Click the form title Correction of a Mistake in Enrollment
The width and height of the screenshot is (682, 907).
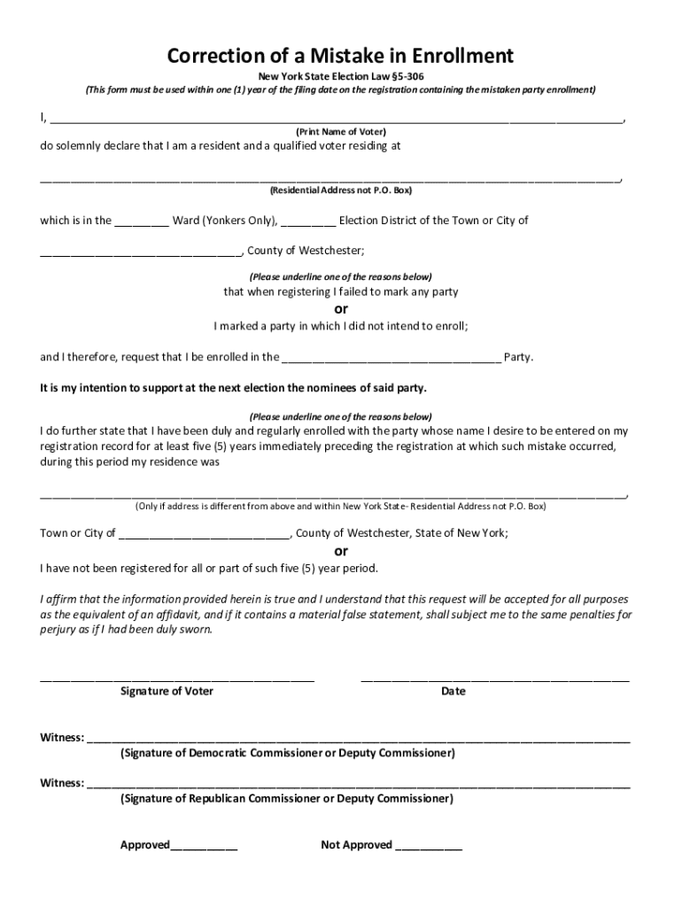(x=340, y=57)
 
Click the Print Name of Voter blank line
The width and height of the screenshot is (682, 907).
(x=337, y=119)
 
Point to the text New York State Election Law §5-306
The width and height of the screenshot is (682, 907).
(x=340, y=77)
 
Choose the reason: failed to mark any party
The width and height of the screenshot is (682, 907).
(x=340, y=291)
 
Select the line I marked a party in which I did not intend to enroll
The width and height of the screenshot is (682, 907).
(x=340, y=326)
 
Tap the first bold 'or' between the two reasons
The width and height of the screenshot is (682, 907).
(x=340, y=309)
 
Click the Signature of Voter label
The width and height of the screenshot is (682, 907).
(x=167, y=691)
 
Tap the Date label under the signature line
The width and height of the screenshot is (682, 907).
(x=453, y=691)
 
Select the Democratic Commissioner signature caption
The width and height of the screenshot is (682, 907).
(x=288, y=754)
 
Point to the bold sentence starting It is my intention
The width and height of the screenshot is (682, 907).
(x=233, y=389)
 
